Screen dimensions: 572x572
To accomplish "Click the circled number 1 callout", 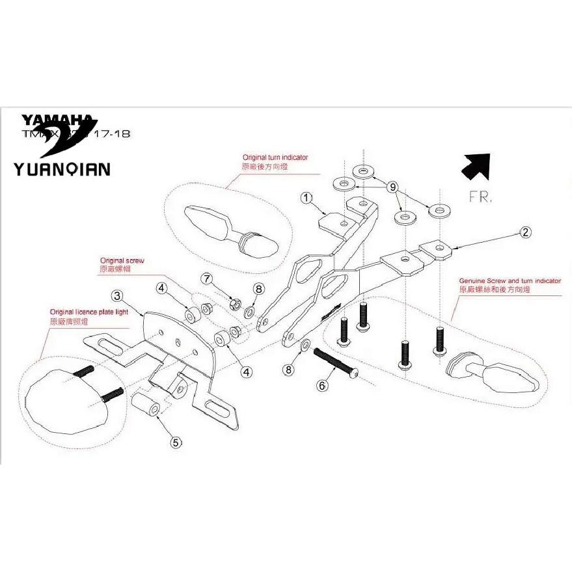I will [x=306, y=197].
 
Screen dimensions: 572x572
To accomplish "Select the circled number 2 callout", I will [x=526, y=231].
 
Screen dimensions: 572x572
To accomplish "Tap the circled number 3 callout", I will [x=117, y=297].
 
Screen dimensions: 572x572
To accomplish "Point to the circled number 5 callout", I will [x=176, y=442].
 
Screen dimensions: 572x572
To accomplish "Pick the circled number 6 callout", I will [x=322, y=385].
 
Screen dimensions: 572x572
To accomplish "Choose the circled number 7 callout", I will [x=207, y=280].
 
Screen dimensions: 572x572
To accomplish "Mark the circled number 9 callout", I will [x=392, y=187].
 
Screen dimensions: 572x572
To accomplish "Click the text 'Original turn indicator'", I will [x=275, y=157].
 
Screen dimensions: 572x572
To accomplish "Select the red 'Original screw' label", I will [x=122, y=260].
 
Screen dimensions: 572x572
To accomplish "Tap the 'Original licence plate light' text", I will [x=98, y=312].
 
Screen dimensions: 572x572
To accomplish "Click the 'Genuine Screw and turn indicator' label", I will [x=510, y=280].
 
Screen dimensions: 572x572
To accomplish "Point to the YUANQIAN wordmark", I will [x=62, y=169].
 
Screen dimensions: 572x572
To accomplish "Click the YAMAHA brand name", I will [x=57, y=120].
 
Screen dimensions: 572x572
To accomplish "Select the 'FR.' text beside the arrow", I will [x=479, y=197].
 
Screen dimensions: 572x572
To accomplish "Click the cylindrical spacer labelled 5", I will [x=146, y=404].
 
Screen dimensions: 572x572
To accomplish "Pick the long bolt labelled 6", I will [x=336, y=362].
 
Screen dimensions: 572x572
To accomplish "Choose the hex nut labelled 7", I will [x=238, y=303].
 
